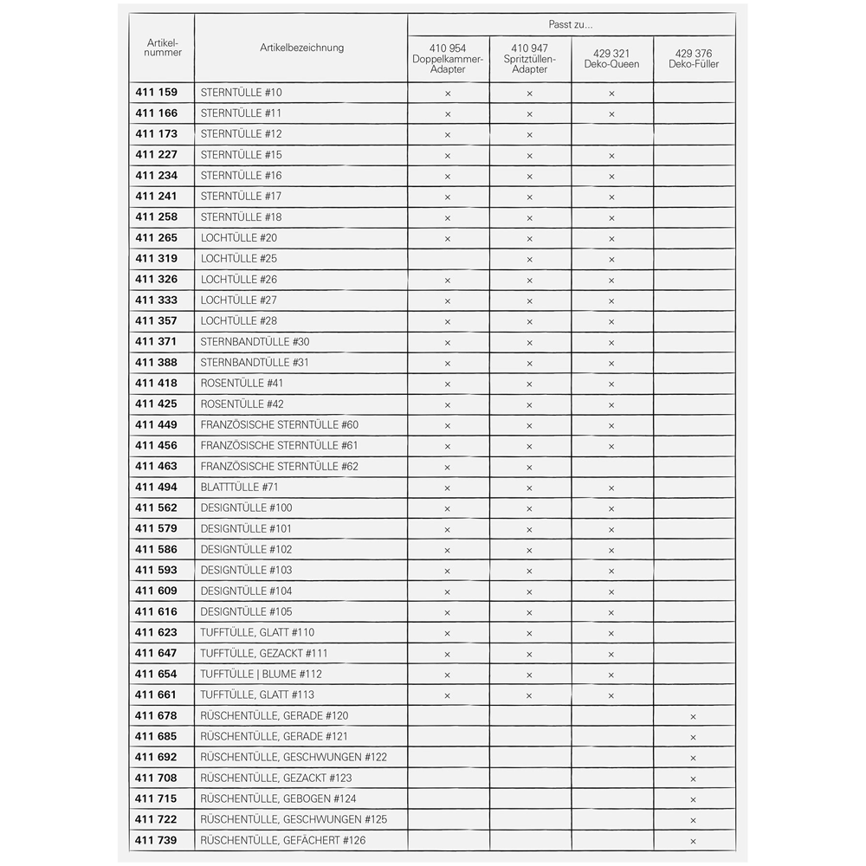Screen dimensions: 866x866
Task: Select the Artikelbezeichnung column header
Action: coord(301,48)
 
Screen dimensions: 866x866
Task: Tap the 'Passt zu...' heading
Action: coord(571,25)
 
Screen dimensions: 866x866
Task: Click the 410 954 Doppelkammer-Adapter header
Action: coord(448,58)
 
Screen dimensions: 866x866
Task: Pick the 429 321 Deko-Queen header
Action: coord(611,58)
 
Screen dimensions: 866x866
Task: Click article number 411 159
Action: coord(156,92)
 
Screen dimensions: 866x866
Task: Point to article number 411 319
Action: coord(156,258)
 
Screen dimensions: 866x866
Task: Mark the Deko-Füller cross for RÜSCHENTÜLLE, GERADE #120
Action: coord(693,716)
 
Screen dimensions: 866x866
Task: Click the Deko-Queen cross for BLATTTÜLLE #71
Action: coord(611,488)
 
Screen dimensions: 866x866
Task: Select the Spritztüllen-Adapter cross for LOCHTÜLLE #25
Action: coord(529,259)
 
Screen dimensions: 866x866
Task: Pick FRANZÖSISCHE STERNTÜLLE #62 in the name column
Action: coord(279,466)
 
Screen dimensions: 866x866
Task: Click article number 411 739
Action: coord(156,840)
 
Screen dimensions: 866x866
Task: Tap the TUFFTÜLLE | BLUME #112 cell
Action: coord(261,674)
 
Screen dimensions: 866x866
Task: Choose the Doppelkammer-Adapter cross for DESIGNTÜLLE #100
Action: coord(448,508)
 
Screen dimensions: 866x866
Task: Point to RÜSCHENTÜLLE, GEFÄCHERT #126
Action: coord(282,840)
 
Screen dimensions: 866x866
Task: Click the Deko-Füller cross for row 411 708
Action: coord(693,779)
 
